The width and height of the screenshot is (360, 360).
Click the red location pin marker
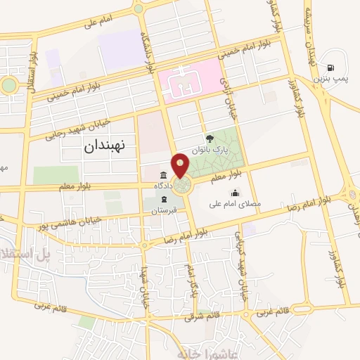[x=181, y=165]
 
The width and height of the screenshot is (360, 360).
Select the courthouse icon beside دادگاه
[x=164, y=175]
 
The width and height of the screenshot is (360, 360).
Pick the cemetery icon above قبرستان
[x=164, y=200]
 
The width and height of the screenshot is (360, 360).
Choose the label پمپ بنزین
[x=330, y=77]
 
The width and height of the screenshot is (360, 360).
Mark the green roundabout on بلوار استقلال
[x=8, y=85]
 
